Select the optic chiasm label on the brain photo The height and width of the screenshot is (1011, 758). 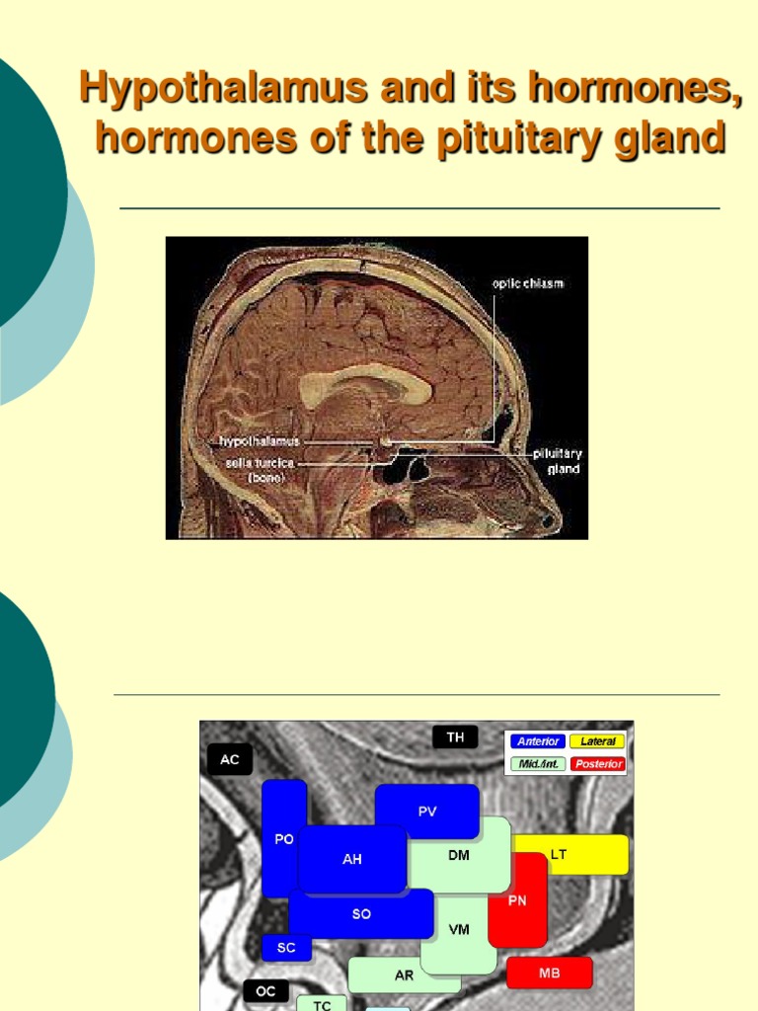click(x=528, y=283)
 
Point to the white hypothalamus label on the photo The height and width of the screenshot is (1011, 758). click(x=260, y=441)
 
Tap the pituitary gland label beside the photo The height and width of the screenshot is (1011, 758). click(x=558, y=461)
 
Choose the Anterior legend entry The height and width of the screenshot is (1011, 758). click(x=537, y=741)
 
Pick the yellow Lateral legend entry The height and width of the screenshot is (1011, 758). click(x=597, y=741)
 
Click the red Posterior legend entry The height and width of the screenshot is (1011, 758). click(x=597, y=764)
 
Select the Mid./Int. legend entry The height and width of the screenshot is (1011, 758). click(x=537, y=764)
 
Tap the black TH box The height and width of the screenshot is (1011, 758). click(x=455, y=738)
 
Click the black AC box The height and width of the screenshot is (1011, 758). click(x=229, y=759)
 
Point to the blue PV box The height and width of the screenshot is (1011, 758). click(x=426, y=812)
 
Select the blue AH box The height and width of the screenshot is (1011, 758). click(x=352, y=859)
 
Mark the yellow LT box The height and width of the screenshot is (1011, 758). click(x=569, y=854)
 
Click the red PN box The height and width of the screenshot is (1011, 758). click(x=517, y=899)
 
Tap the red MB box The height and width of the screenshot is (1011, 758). click(x=550, y=972)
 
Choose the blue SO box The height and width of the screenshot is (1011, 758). click(x=361, y=913)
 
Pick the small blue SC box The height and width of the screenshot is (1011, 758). click(x=286, y=948)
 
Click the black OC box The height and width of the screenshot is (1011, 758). click(x=266, y=990)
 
